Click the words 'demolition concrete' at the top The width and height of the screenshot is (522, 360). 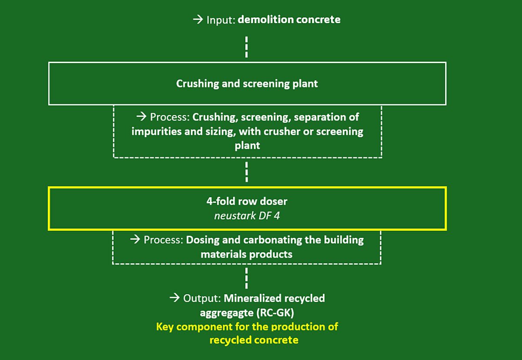289,20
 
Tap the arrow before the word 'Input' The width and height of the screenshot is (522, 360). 198,20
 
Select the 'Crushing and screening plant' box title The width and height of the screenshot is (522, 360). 247,83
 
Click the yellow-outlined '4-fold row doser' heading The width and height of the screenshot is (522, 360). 247,202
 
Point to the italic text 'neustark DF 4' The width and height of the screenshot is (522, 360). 247,215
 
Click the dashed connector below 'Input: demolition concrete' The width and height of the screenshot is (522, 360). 247,47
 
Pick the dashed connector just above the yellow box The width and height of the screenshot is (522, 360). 247,172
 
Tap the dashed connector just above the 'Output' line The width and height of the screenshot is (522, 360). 247,278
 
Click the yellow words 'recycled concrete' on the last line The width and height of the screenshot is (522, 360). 254,340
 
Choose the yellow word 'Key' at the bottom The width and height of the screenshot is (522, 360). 165,326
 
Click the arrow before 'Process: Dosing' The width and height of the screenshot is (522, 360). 135,240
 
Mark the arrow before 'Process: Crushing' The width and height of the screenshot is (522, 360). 141,117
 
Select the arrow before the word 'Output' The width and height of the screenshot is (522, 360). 174,299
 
